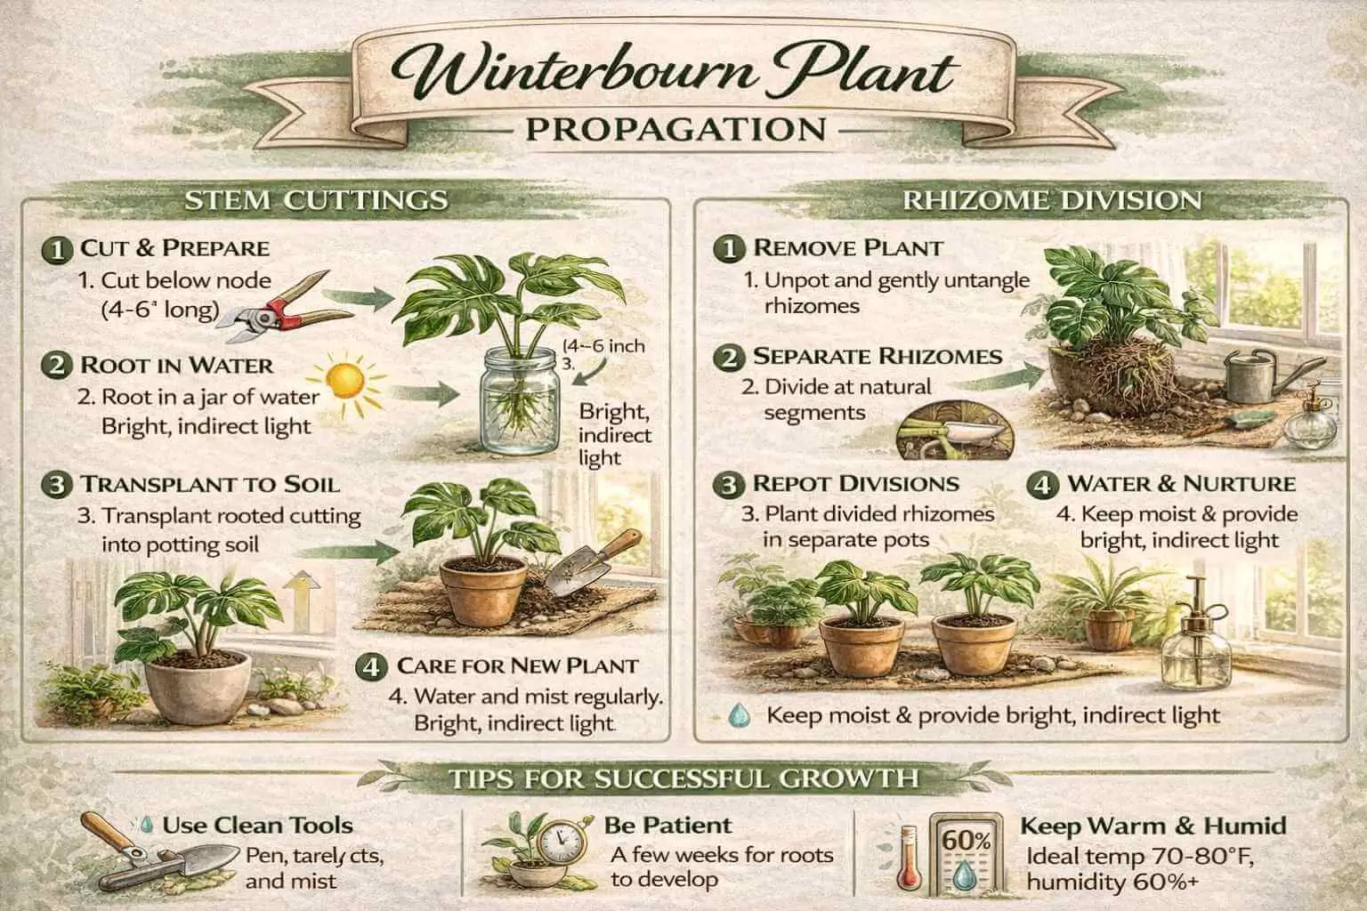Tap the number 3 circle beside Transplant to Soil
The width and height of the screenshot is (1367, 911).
(56, 486)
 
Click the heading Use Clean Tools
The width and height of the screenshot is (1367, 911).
(257, 826)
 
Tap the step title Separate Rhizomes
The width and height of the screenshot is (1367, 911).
(877, 357)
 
